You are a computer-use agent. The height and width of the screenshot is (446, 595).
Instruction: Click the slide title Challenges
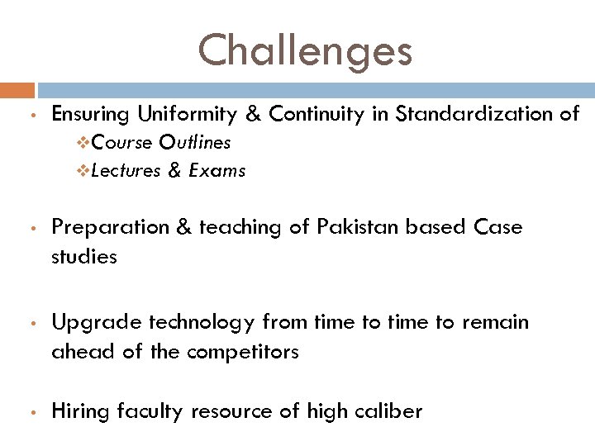tap(304, 50)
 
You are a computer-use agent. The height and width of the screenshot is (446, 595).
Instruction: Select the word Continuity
tap(317, 114)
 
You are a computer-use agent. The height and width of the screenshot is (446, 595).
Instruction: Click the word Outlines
tap(195, 143)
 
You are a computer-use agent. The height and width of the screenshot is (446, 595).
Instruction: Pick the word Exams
tap(217, 171)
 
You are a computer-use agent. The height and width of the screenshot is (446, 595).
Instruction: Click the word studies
tap(84, 257)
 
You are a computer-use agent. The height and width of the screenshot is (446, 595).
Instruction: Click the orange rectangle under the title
tap(17, 90)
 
